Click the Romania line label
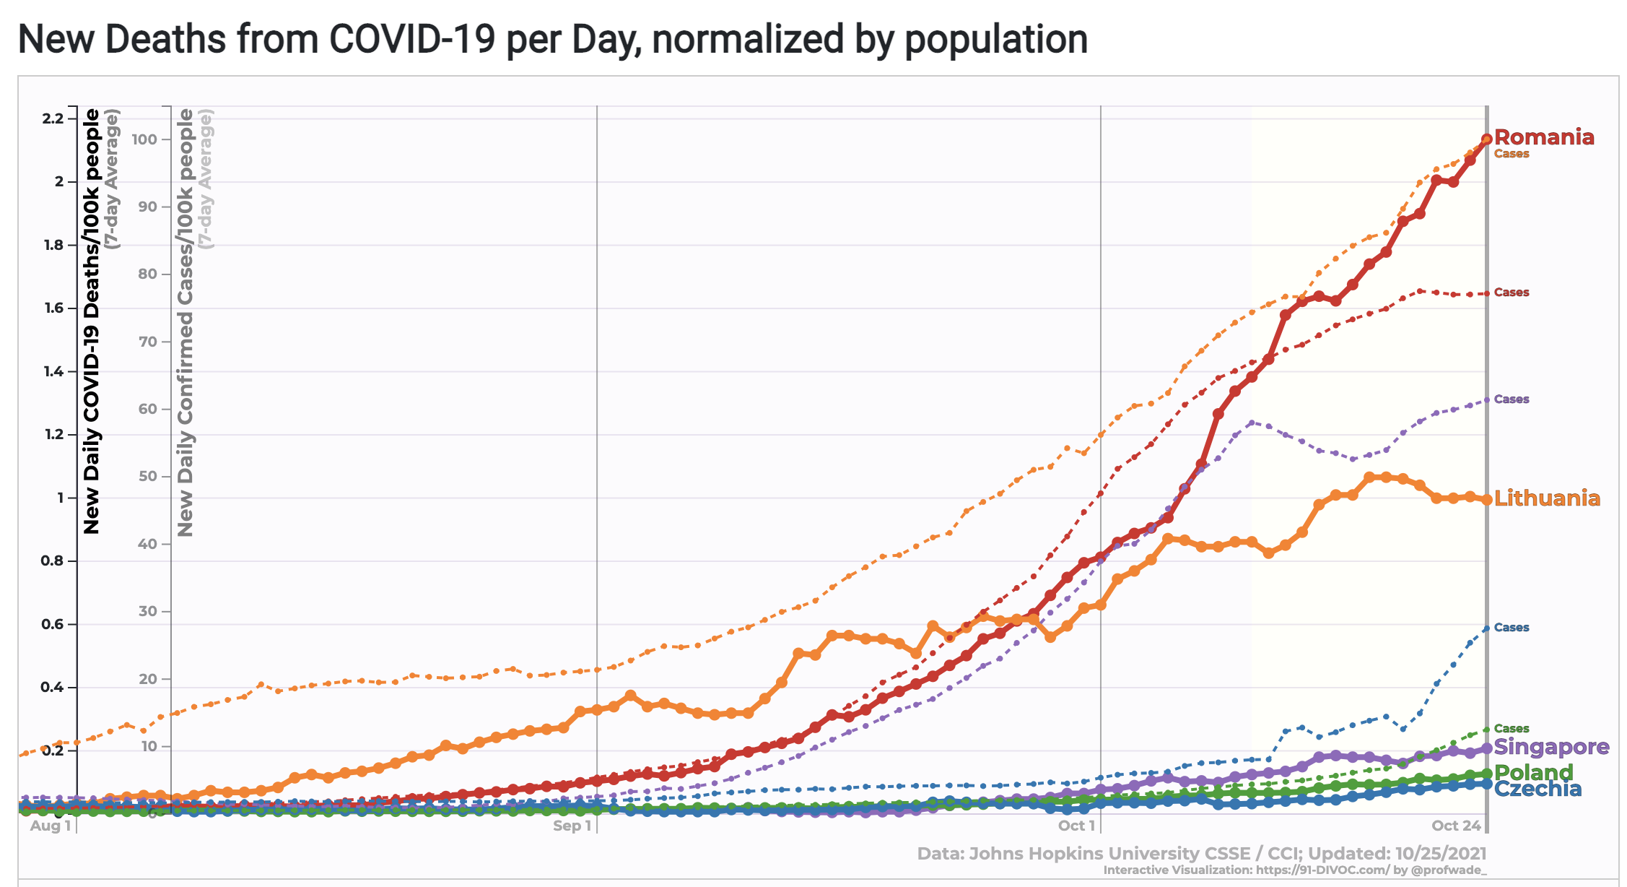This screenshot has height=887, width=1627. click(x=1543, y=137)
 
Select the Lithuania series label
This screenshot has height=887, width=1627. click(x=1546, y=498)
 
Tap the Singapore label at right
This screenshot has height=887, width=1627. click(x=1551, y=747)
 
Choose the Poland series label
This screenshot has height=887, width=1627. click(x=1533, y=772)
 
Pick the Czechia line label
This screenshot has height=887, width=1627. click(x=1537, y=789)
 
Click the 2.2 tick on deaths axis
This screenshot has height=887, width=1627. click(x=53, y=118)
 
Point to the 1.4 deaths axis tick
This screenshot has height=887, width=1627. click(x=53, y=371)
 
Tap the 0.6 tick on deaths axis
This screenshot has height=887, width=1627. click(x=53, y=624)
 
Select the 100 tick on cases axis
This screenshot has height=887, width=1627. click(x=144, y=139)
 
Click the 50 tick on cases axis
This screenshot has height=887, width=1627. click(x=147, y=476)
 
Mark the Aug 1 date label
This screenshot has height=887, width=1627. click(x=51, y=826)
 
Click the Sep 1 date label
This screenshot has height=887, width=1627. click(x=572, y=826)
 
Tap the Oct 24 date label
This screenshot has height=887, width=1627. click(x=1456, y=826)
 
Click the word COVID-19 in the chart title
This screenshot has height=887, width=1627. click(x=412, y=39)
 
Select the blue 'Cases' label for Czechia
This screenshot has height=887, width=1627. click(x=1512, y=628)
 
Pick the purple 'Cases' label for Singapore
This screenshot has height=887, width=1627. click(x=1512, y=399)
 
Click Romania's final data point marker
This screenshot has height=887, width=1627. click(x=1486, y=139)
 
